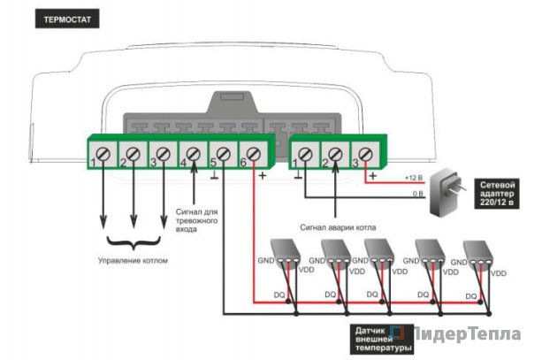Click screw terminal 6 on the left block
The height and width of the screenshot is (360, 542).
[x=254, y=156]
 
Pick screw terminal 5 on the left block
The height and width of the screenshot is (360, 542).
[x=224, y=156]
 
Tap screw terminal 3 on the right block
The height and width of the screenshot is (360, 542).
[x=365, y=156]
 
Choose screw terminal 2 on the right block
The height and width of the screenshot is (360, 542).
[x=335, y=156]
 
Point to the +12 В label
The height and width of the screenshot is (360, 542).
[x=413, y=179]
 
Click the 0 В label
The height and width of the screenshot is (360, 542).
[x=417, y=192]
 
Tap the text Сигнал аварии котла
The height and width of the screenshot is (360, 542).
[x=337, y=227]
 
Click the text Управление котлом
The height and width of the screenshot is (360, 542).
[x=133, y=261]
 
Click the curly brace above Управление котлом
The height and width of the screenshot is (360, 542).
[x=133, y=241]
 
